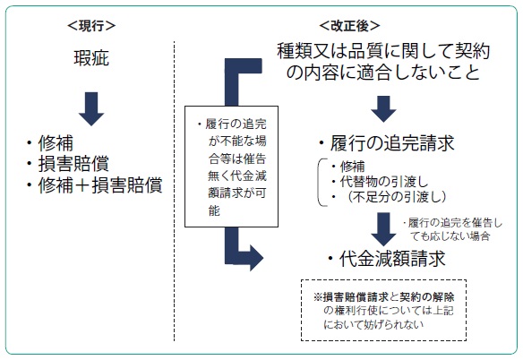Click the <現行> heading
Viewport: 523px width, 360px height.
click(x=91, y=26)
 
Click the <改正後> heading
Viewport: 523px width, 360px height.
click(x=349, y=26)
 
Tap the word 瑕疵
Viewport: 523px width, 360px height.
click(x=91, y=58)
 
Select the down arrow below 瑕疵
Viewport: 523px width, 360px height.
click(x=91, y=108)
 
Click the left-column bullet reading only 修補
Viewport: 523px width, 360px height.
click(x=50, y=143)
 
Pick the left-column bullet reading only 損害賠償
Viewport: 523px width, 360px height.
click(x=68, y=164)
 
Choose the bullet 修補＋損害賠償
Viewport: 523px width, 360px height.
click(x=94, y=184)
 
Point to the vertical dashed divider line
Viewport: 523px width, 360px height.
click(x=174, y=191)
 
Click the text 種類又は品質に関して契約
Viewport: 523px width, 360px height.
click(x=383, y=51)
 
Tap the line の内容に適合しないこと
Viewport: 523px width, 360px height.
click(x=383, y=72)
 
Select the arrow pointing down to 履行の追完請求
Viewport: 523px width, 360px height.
click(x=383, y=108)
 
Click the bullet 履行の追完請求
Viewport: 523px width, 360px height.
click(x=387, y=143)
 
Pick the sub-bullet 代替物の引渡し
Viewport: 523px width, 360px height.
click(x=380, y=182)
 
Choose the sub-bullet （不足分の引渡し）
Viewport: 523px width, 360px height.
click(x=389, y=197)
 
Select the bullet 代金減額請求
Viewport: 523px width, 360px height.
click(x=387, y=259)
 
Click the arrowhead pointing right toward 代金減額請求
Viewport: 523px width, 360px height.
click(x=256, y=258)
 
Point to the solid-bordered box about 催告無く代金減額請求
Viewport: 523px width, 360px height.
click(x=231, y=167)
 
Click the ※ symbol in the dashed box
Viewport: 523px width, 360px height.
click(x=318, y=297)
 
